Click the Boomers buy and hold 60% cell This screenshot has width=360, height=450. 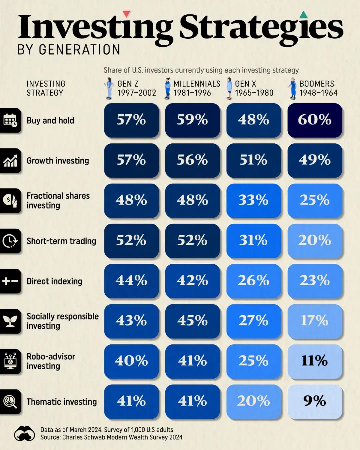(x=315, y=120)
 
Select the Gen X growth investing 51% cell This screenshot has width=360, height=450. (x=254, y=160)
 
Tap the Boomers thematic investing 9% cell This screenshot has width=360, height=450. (x=315, y=401)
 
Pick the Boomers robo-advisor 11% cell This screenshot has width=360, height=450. (x=315, y=361)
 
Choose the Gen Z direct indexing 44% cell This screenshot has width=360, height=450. (x=131, y=281)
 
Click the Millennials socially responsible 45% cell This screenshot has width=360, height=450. (x=192, y=321)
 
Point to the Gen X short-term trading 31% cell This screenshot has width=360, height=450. (x=254, y=241)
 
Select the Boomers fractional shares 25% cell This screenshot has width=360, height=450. (x=315, y=201)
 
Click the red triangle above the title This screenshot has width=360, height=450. (x=127, y=14)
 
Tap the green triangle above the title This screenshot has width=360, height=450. (x=304, y=14)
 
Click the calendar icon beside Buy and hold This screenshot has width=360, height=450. (x=10, y=120)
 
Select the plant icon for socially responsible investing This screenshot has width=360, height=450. (x=10, y=321)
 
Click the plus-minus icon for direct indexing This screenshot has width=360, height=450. (x=10, y=281)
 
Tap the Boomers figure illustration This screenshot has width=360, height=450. (x=293, y=88)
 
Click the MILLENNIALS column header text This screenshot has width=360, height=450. (x=197, y=84)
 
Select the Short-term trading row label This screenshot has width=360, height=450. (x=61, y=241)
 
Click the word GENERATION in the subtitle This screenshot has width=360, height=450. (x=79, y=50)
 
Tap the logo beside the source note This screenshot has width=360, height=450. (x=24, y=433)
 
